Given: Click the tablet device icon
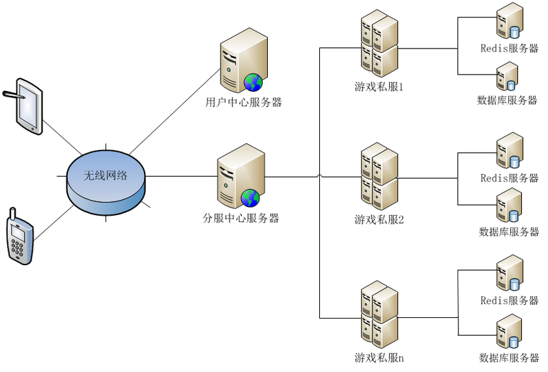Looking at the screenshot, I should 28,106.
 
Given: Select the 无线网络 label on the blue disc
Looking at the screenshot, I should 105,175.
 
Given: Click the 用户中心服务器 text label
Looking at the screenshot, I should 244,103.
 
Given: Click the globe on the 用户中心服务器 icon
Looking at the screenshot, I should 253,82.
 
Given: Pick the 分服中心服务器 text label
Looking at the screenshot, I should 241,219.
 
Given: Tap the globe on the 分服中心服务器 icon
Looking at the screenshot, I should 250,198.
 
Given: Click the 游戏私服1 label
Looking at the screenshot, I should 379,87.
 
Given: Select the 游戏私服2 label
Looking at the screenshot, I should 379,219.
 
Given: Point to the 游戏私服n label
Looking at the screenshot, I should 379,357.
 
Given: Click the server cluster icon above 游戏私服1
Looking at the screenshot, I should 379,45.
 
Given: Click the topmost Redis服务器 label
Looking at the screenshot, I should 509,49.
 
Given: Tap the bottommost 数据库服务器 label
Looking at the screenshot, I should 509,358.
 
